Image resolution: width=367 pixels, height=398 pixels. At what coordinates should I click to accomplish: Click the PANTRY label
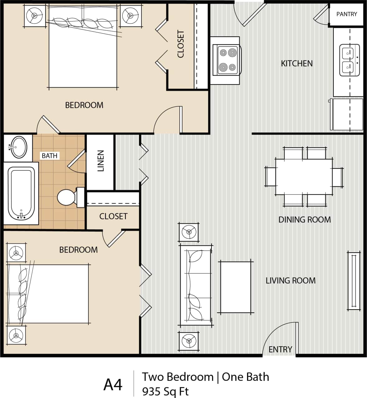[346, 14]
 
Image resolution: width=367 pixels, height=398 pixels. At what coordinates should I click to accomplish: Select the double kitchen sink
[349, 60]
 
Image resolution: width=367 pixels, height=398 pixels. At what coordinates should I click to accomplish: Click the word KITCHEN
[297, 64]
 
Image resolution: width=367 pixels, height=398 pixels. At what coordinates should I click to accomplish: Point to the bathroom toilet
[67, 197]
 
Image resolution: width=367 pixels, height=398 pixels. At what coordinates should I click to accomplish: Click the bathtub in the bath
[21, 193]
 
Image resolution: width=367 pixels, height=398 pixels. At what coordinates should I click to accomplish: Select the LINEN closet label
[100, 161]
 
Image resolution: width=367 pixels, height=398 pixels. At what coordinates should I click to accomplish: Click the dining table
[304, 177]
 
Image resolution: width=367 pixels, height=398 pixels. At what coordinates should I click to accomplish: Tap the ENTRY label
[280, 349]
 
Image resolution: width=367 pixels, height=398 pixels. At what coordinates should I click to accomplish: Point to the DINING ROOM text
[304, 220]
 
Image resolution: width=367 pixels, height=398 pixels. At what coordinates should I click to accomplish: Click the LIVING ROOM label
[290, 281]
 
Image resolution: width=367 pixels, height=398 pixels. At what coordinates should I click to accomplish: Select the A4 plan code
[113, 385]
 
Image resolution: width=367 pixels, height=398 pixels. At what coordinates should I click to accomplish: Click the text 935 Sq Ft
[165, 391]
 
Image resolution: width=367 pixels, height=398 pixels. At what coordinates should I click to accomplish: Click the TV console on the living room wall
[354, 281]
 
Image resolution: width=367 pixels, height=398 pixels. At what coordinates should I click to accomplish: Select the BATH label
[50, 155]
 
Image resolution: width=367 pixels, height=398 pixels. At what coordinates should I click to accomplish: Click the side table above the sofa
[189, 232]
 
